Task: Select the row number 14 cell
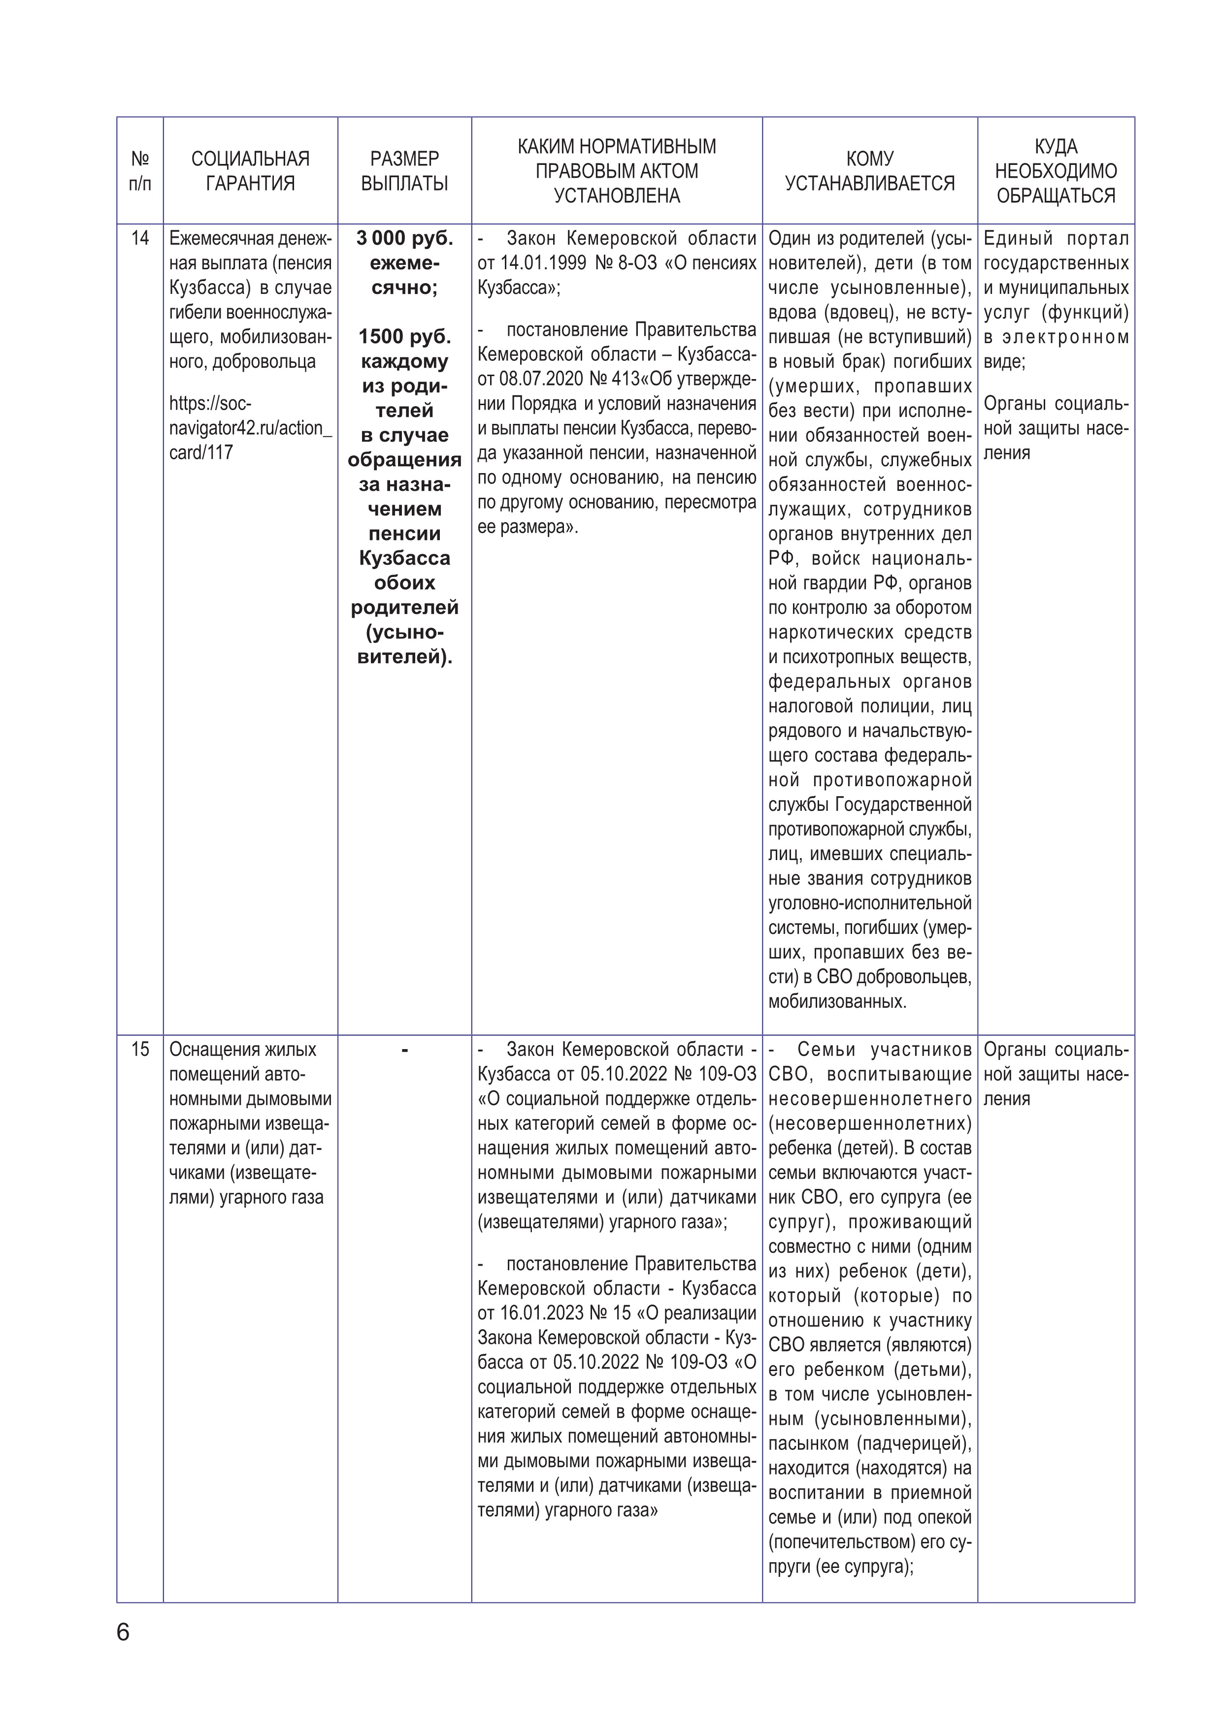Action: pyautogui.click(x=140, y=238)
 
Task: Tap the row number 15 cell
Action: pyautogui.click(x=140, y=1049)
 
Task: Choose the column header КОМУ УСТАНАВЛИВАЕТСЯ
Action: pyautogui.click(x=870, y=171)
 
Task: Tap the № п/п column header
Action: pyautogui.click(x=140, y=171)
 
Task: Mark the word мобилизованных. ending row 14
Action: pyautogui.click(x=837, y=1002)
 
